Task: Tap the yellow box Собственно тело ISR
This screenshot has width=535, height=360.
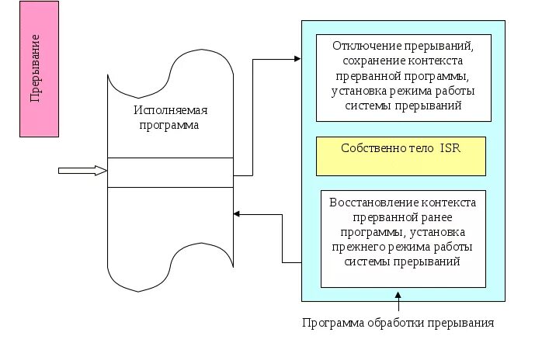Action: coord(401,156)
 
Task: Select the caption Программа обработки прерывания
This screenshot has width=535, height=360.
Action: coord(398,323)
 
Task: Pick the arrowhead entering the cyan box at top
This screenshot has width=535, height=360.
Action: coord(296,58)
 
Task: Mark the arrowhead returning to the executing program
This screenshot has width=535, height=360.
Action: coord(238,213)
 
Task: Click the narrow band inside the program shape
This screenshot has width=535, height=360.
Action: coord(170,172)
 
